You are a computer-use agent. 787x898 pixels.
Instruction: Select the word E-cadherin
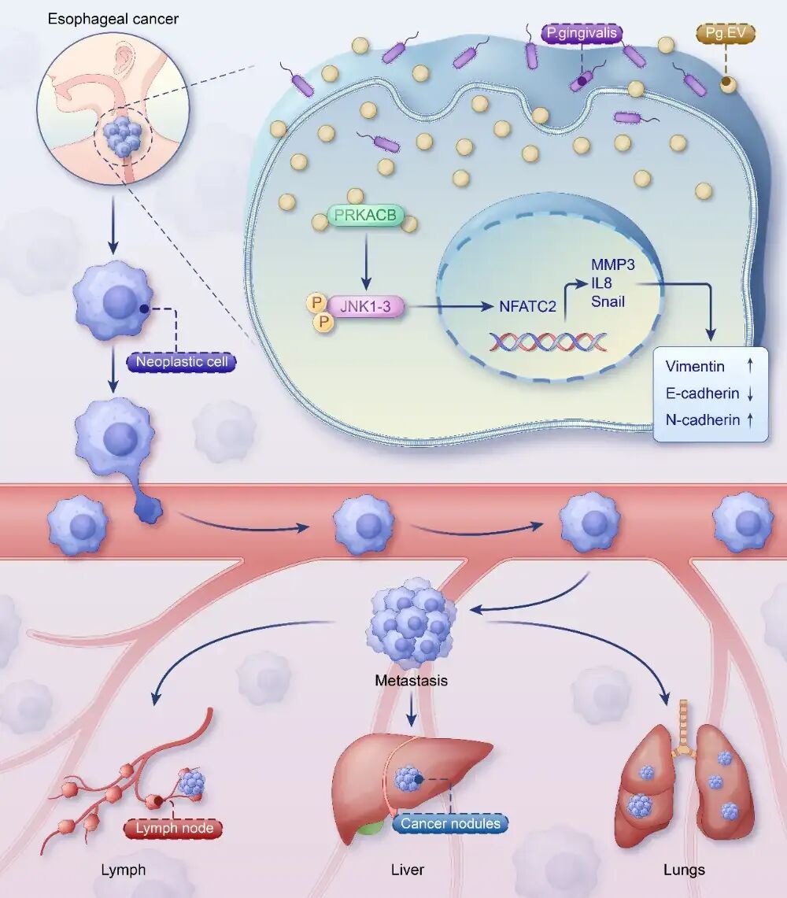(702, 393)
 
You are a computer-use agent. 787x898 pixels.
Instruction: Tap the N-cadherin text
(702, 419)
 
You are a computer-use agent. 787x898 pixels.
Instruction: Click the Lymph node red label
(174, 828)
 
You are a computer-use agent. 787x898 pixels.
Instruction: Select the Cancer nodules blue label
(450, 823)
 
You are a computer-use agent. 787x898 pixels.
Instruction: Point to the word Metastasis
(411, 680)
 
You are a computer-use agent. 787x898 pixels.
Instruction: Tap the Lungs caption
(684, 870)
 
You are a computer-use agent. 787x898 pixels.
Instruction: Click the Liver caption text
(407, 870)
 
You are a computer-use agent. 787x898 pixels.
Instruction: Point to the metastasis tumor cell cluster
(411, 622)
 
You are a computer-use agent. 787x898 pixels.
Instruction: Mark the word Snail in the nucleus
(608, 300)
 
